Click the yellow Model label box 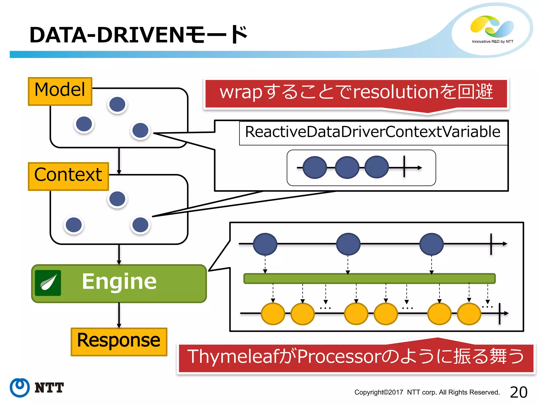coord(60,91)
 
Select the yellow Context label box coord(68,176)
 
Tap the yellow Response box coord(119,342)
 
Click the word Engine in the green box coord(119,281)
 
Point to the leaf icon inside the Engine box coord(48,283)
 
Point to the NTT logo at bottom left coord(37,388)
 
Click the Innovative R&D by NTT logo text coord(493,42)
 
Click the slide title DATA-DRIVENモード coord(139,35)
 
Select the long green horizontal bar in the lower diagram coord(369,278)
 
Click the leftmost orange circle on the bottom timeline coord(273,314)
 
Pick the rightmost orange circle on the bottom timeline coord(469,314)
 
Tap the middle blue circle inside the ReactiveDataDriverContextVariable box coord(347,167)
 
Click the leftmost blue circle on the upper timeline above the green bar coord(265,244)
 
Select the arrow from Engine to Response coord(119,315)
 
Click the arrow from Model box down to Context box coord(119,161)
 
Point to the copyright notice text coord(427,392)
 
